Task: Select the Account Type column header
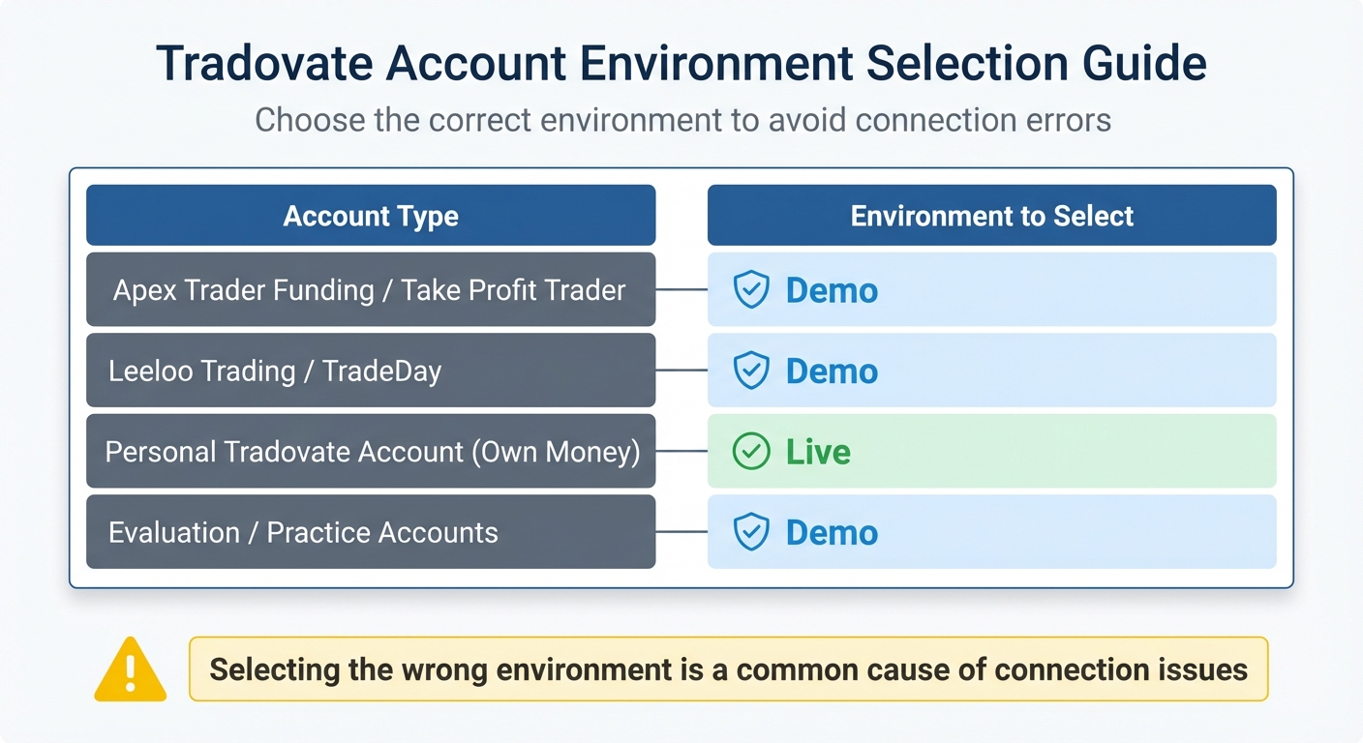(x=371, y=216)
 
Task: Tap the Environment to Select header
(x=991, y=216)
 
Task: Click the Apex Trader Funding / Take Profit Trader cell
(x=370, y=290)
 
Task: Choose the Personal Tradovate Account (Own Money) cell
(x=372, y=452)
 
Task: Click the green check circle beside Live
(x=751, y=452)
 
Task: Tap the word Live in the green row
(x=818, y=452)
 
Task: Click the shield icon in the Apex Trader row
(x=751, y=290)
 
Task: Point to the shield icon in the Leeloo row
(x=751, y=371)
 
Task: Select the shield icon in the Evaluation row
(x=751, y=532)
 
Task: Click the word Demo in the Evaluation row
(x=832, y=532)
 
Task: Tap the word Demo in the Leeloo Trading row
(x=832, y=371)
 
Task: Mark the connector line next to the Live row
(x=681, y=452)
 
